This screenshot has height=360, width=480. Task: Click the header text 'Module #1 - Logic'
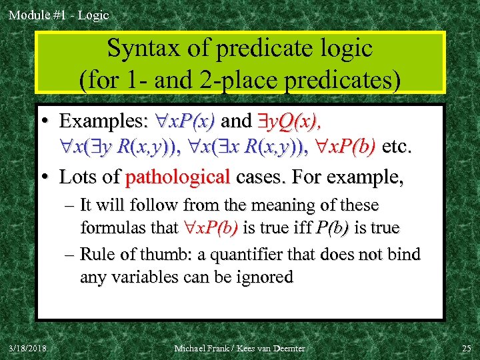pyautogui.click(x=59, y=15)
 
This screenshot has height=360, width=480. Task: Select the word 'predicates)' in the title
pyautogui.click(x=343, y=80)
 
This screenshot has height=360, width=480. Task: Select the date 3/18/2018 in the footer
pyautogui.click(x=28, y=348)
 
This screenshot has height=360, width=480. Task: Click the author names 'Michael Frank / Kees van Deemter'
pyautogui.click(x=240, y=348)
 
